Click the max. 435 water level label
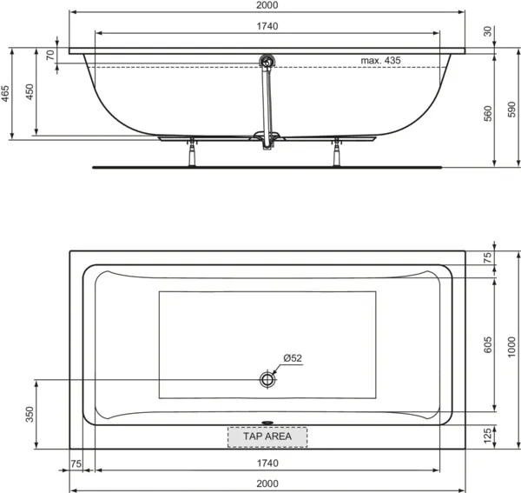(380, 61)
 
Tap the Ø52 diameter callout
(293, 358)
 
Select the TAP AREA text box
(267, 436)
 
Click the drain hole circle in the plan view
(267, 379)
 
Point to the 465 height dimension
(5, 94)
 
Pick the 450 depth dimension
(30, 92)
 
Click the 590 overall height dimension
(512, 110)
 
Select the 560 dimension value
(488, 113)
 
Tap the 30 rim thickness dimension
(487, 31)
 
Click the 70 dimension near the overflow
(50, 55)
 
